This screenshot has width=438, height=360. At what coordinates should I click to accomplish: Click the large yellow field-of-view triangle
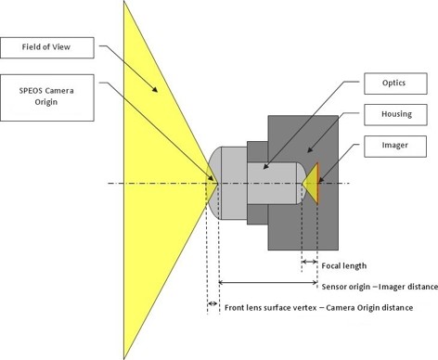point(153,176)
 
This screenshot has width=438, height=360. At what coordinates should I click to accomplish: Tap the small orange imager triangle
point(314,182)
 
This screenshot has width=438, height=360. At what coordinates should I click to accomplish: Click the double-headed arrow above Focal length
point(310,262)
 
